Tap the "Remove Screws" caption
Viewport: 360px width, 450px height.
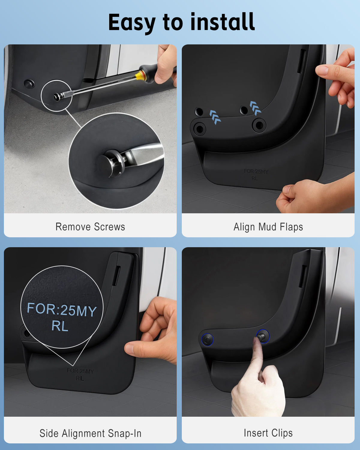tap(90, 227)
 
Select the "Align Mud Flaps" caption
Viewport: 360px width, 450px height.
tap(268, 227)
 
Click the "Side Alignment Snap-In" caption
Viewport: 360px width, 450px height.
tap(90, 433)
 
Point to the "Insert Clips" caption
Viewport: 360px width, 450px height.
tap(268, 433)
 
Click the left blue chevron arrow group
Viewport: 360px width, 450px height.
tap(215, 117)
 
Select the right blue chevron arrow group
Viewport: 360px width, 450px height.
tap(255, 108)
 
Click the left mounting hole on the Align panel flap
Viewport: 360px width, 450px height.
tap(199, 129)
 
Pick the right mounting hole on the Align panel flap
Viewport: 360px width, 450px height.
tap(259, 125)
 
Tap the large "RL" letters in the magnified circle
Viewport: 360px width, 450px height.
tap(60, 326)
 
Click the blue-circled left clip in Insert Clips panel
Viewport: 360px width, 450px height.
tap(207, 340)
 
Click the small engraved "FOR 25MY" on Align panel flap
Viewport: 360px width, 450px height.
tap(256, 171)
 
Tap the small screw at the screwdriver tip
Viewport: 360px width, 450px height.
tap(57, 97)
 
